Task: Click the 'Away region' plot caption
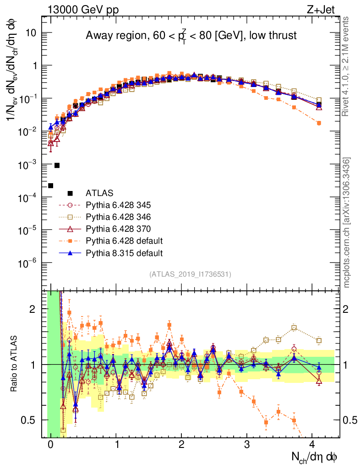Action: (191, 36)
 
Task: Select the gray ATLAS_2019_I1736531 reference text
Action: (190, 274)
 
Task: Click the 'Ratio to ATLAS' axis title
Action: (14, 364)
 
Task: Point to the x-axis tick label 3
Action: (247, 444)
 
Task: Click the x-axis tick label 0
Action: (50, 444)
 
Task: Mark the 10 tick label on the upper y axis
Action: (31, 33)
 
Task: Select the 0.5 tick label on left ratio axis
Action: (29, 420)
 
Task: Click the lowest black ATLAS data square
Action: (50, 185)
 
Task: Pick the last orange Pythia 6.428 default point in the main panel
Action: (319, 123)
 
